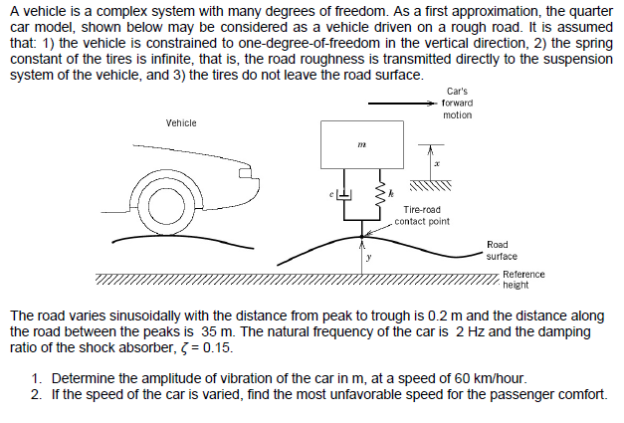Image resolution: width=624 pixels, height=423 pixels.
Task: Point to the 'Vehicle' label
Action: (x=180, y=122)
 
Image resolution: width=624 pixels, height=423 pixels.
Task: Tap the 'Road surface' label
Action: (x=502, y=250)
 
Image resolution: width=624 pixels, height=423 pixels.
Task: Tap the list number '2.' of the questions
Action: (x=36, y=394)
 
